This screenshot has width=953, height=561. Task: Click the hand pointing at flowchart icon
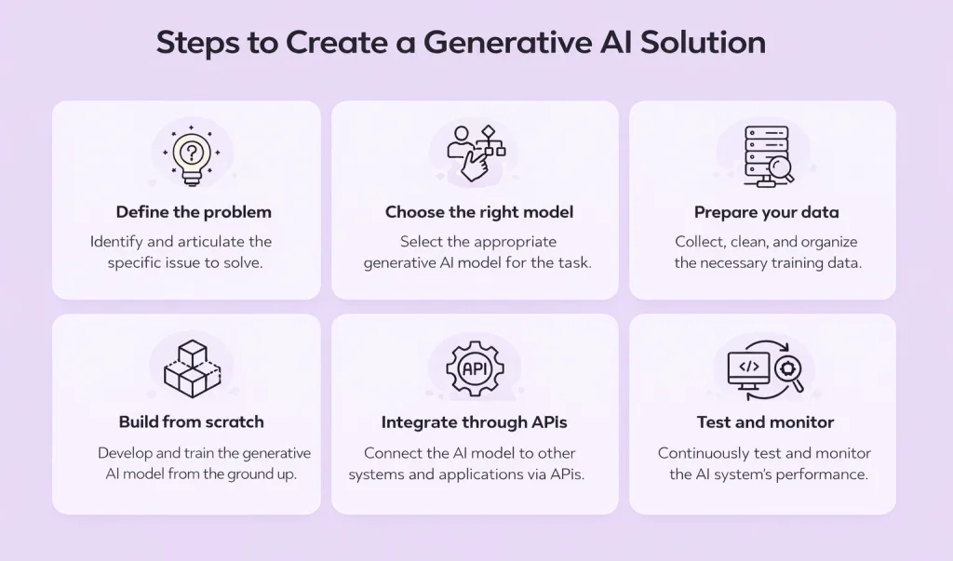coord(476,153)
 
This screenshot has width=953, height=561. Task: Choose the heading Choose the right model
coord(478,212)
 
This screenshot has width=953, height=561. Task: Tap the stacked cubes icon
coord(192,368)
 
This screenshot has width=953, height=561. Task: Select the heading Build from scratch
coord(191,422)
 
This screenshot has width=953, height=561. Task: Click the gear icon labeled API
coord(475,367)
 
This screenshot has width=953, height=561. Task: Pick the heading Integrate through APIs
coord(474,422)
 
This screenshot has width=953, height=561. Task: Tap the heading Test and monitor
coord(765,422)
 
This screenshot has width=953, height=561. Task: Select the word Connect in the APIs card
coord(392,453)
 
